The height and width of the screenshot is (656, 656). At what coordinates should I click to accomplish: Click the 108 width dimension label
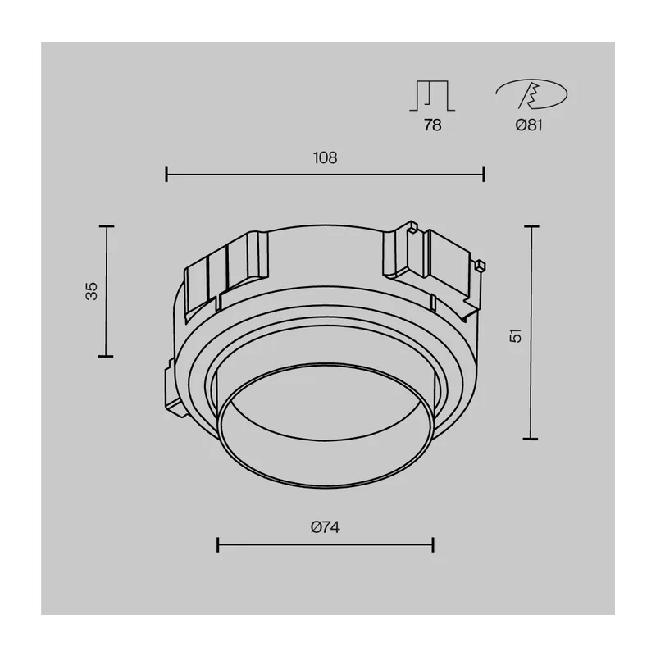coord(325,157)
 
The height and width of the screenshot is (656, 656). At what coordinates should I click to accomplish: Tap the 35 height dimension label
coord(92,291)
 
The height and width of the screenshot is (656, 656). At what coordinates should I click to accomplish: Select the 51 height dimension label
coord(516,335)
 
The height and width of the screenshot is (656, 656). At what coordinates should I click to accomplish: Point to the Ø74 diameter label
coord(325,527)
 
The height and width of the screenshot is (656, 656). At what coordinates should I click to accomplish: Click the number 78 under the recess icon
coord(432,125)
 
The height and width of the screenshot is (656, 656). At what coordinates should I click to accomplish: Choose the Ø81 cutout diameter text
coord(529,125)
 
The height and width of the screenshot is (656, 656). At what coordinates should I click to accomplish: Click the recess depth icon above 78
coord(432,96)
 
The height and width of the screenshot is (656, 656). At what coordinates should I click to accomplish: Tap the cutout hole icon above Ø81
coord(531,93)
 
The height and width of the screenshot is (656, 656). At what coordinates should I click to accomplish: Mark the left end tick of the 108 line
coord(166,174)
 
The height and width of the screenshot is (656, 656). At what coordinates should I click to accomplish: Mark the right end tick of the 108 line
coord(484,174)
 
